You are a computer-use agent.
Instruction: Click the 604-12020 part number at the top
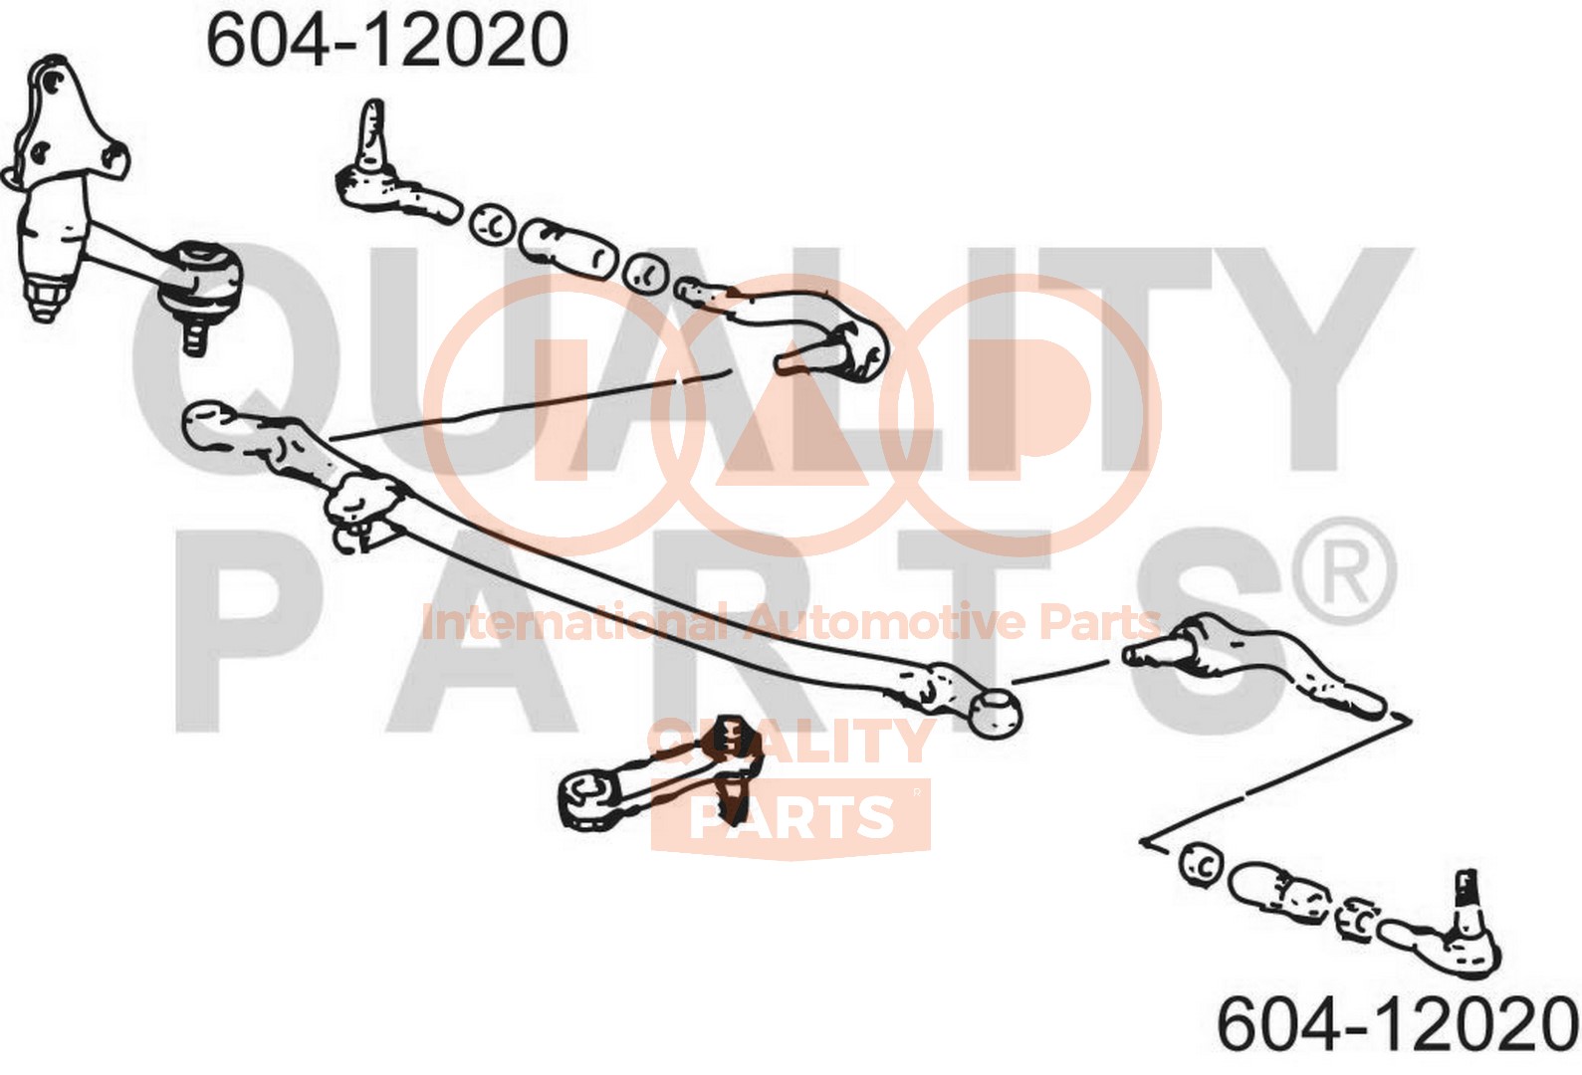(387, 42)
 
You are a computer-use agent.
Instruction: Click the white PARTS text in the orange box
(791, 816)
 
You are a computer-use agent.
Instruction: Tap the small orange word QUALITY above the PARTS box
(790, 741)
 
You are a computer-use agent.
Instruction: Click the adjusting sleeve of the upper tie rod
(568, 247)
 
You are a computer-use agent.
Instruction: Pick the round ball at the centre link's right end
(996, 712)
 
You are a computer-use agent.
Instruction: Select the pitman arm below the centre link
(660, 778)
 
